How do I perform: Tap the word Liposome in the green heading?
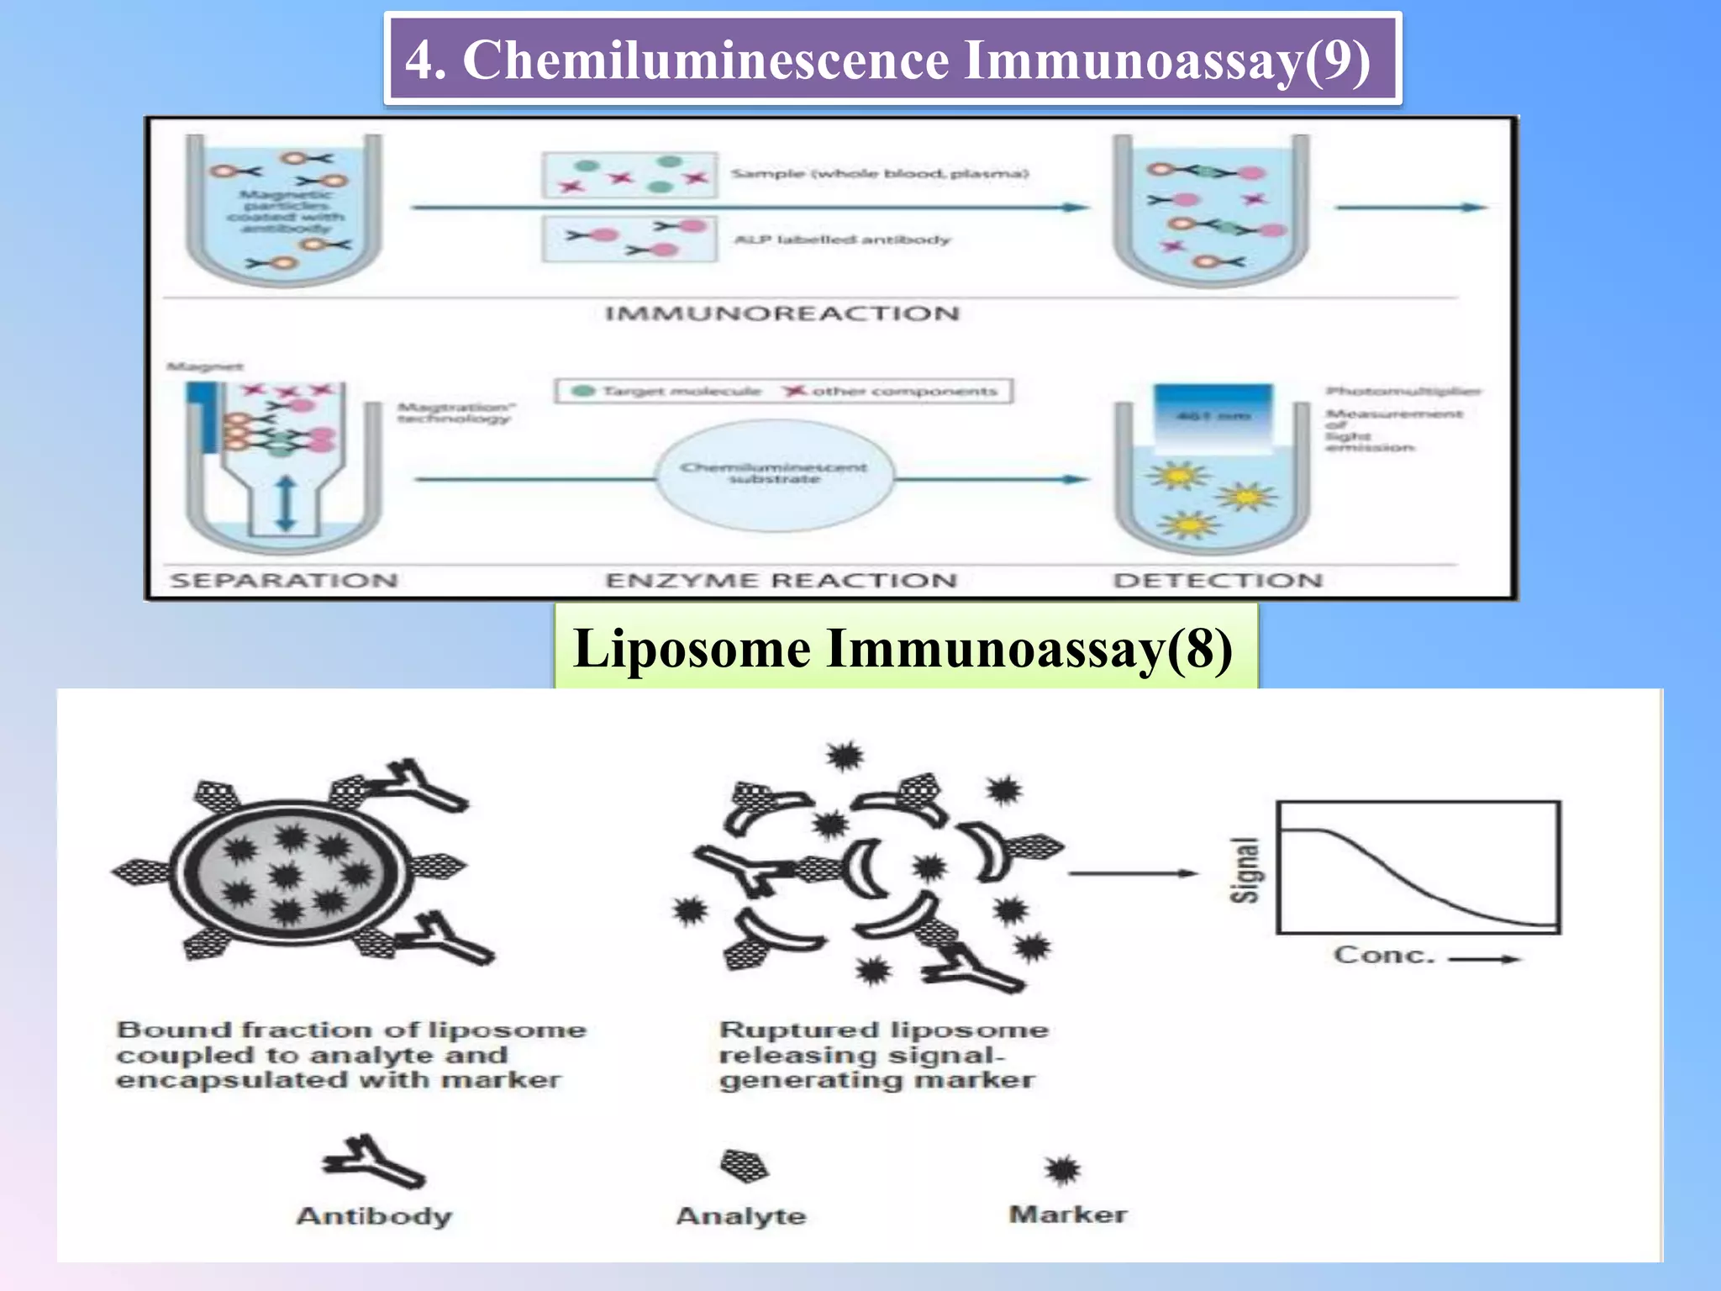click(x=692, y=649)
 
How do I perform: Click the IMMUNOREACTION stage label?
click(x=782, y=314)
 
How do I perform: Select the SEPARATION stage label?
click(x=283, y=581)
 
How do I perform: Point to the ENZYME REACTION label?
click(x=781, y=581)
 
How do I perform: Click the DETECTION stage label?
click(x=1218, y=581)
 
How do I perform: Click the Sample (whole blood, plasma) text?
click(x=879, y=174)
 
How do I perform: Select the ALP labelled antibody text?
click(x=841, y=240)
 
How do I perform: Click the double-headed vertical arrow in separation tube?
click(x=286, y=503)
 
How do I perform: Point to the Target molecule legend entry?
click(x=667, y=392)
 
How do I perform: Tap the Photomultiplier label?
click(x=1403, y=391)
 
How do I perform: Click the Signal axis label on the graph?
click(x=1245, y=870)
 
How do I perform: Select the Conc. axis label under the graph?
click(x=1383, y=956)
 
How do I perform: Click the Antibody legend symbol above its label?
click(x=373, y=1162)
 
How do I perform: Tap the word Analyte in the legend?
click(x=740, y=1216)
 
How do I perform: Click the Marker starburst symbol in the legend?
click(x=1062, y=1169)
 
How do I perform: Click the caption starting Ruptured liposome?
click(x=882, y=1055)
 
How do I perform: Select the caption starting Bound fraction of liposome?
click(x=350, y=1055)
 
